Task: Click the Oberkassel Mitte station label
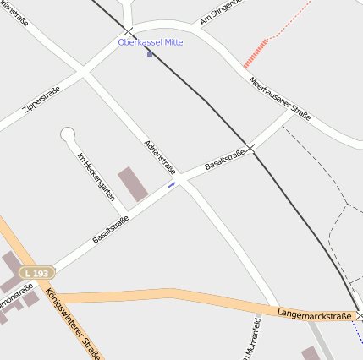[x=150, y=41]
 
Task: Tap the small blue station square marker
[x=150, y=53]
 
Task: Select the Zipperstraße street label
[x=41, y=101]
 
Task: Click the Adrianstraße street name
[x=159, y=155]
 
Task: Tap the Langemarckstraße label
[x=313, y=314]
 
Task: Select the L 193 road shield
[x=38, y=273]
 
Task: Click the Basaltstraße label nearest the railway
[x=225, y=159]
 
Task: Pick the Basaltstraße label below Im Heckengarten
[x=111, y=229]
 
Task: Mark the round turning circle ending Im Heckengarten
[x=68, y=134]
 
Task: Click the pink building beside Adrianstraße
[x=133, y=183]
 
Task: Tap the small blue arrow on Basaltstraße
[x=172, y=183]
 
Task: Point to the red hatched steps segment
[x=256, y=53]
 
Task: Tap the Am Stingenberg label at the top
[x=221, y=12]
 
